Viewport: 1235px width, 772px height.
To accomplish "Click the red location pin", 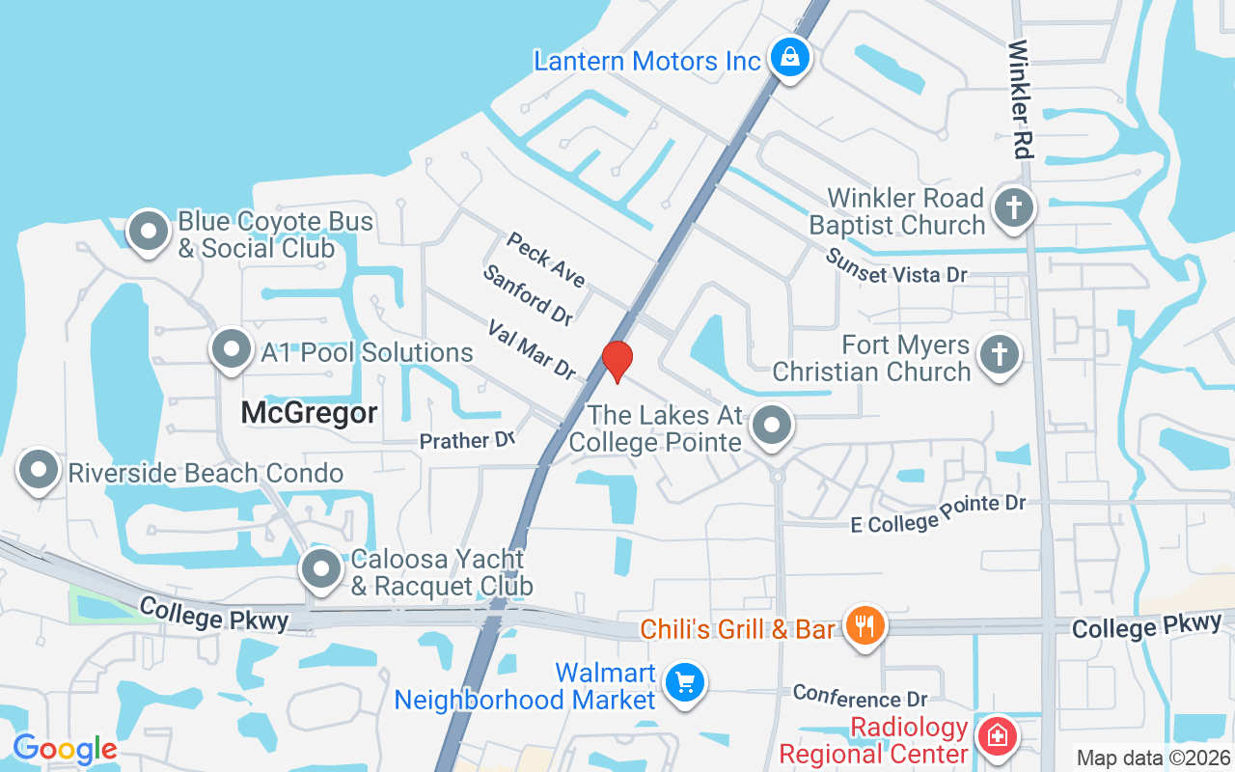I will tap(617, 361).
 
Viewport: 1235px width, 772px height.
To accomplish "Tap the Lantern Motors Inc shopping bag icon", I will tap(790, 57).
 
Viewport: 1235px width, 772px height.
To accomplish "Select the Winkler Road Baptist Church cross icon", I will tap(1013, 208).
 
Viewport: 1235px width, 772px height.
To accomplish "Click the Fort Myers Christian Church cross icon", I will tap(999, 355).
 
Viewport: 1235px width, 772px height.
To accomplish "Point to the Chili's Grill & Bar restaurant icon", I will tap(864, 625).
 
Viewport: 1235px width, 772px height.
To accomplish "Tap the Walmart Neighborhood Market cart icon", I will tap(685, 683).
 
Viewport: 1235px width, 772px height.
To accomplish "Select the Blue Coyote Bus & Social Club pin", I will tap(149, 232).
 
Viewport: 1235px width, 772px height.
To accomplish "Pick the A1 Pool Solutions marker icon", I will tap(232, 349).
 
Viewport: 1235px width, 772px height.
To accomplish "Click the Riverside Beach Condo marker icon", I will tap(39, 470).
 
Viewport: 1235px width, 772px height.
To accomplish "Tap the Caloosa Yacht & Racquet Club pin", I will tap(321, 569).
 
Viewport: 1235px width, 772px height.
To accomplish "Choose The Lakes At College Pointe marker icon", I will tap(772, 425).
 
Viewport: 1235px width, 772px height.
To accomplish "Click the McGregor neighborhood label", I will tap(309, 412).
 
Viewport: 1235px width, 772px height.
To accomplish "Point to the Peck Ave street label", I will tap(546, 260).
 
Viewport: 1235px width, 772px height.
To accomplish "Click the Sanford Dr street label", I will tap(528, 295).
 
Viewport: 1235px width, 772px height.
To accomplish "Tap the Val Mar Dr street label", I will tap(532, 349).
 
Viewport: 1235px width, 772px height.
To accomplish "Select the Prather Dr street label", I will tap(468, 441).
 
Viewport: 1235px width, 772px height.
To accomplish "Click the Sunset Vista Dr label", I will tap(896, 266).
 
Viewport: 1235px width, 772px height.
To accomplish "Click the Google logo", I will tap(65, 749).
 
